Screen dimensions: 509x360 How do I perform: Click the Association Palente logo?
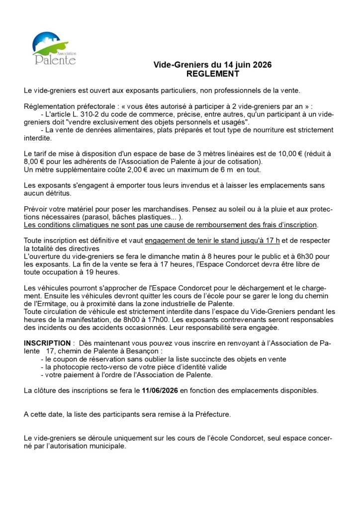54,49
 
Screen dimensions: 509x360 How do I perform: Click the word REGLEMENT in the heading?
212,74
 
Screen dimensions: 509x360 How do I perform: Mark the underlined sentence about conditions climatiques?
171,225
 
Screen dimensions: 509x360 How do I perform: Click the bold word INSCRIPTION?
47,343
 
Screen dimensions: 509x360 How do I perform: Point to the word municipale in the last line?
108,446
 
